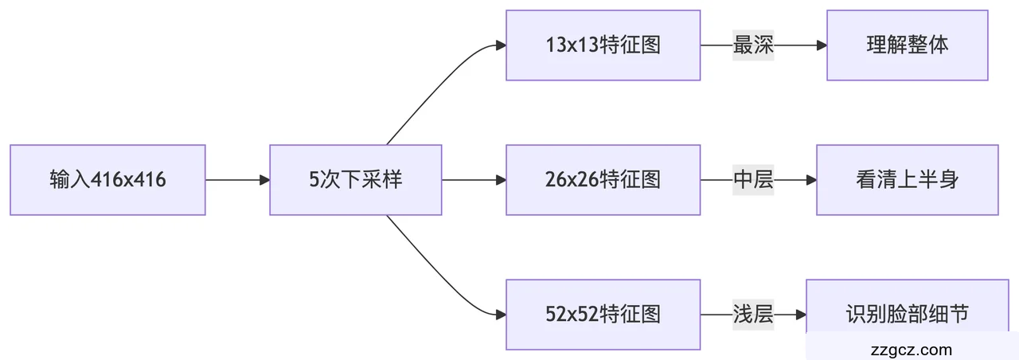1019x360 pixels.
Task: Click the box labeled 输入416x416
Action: tap(107, 180)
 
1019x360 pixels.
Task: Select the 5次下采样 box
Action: tap(355, 180)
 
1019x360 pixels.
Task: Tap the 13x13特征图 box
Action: tap(603, 45)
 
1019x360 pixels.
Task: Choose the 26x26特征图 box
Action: tap(603, 180)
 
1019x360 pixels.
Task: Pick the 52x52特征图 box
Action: tap(603, 315)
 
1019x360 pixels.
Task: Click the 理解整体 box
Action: tap(907, 45)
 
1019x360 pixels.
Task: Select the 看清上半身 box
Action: tap(907, 180)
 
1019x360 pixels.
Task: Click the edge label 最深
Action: tap(753, 45)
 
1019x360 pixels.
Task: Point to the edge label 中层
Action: tap(753, 180)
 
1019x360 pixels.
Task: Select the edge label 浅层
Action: tap(753, 315)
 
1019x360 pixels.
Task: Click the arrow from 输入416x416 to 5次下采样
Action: tap(236, 180)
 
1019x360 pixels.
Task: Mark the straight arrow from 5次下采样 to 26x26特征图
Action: tap(473, 180)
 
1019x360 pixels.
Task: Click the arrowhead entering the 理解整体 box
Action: tap(822, 45)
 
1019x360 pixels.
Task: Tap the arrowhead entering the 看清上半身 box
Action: tap(811, 180)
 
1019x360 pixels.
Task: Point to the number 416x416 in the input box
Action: tap(129, 180)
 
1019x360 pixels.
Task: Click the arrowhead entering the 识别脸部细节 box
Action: tap(801, 315)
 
